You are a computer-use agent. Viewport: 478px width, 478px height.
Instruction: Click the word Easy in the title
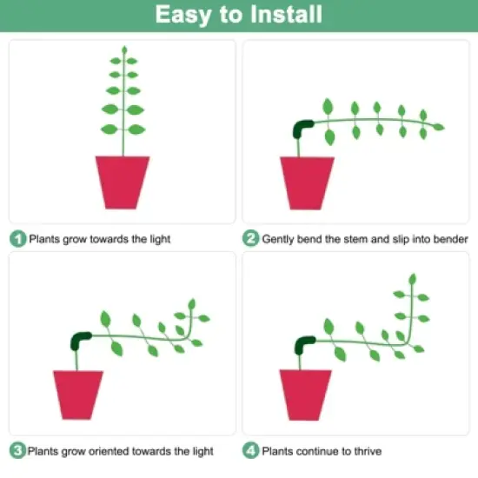(183, 15)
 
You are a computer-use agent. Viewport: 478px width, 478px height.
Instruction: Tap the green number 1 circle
(17, 238)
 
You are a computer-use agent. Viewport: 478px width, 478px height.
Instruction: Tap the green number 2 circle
(250, 238)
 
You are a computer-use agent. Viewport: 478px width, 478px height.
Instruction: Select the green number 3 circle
(17, 450)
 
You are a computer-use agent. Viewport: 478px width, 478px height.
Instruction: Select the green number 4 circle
(250, 450)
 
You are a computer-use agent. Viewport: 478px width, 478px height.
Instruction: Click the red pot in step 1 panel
(123, 182)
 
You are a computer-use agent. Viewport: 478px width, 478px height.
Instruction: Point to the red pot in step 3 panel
(78, 395)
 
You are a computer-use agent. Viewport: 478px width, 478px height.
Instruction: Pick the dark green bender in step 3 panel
(81, 341)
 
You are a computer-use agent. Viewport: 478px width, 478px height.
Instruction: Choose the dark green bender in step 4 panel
(304, 345)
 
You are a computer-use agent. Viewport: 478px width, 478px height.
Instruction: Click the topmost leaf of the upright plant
(123, 50)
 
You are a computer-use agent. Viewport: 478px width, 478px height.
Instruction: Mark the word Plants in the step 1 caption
(44, 238)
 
